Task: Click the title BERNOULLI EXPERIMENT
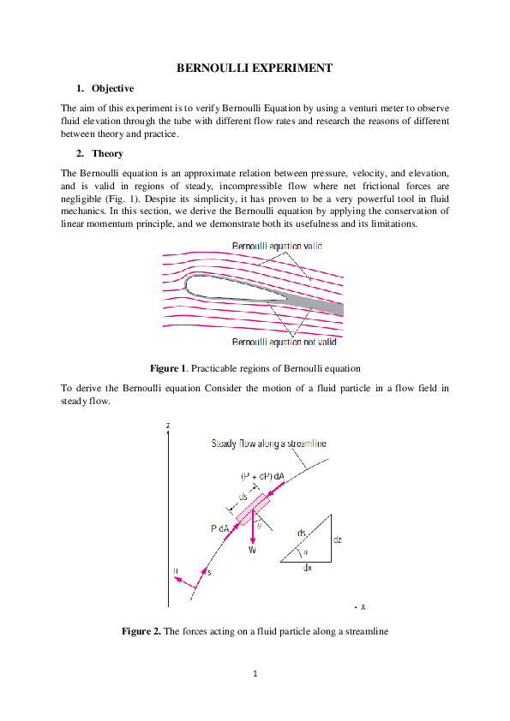[255, 68]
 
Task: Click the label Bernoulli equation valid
[277, 247]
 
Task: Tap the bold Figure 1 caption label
[168, 368]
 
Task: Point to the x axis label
[363, 606]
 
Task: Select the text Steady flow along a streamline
[268, 444]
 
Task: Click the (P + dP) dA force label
[262, 476]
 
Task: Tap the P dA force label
[219, 529]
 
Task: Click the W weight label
[252, 550]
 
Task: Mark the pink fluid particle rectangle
[253, 509]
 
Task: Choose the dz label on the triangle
[338, 540]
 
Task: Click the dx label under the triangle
[306, 568]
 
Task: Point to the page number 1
[255, 674]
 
